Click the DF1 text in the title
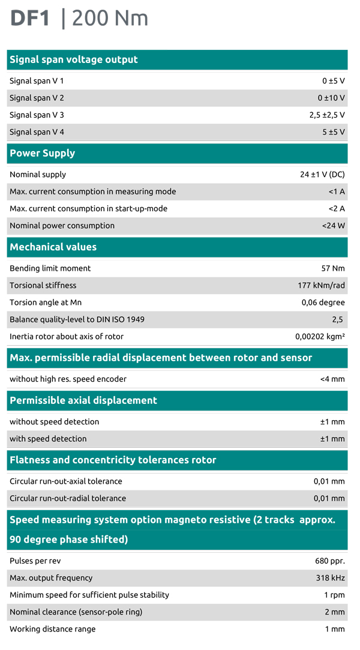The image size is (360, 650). click(30, 19)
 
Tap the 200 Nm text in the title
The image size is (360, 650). click(110, 19)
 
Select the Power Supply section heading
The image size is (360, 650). click(42, 153)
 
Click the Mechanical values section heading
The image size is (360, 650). click(53, 247)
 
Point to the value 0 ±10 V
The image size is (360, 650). click(331, 98)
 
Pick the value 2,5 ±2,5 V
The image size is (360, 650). click(327, 115)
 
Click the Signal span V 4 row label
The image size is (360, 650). click(37, 132)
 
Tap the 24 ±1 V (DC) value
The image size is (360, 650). click(322, 175)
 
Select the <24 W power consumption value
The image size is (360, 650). click(333, 226)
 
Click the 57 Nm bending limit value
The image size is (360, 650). click(333, 268)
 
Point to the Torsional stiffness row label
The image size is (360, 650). click(43, 285)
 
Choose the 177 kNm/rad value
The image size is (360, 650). click(321, 285)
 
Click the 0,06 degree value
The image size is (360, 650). click(323, 302)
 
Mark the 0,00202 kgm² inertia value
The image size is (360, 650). click(320, 337)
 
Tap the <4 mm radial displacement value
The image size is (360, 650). click(332, 379)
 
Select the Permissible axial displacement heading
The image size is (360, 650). click(83, 400)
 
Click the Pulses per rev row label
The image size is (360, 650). click(35, 561)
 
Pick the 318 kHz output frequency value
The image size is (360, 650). click(329, 578)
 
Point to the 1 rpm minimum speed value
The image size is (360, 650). click(334, 595)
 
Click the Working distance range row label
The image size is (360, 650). click(52, 629)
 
